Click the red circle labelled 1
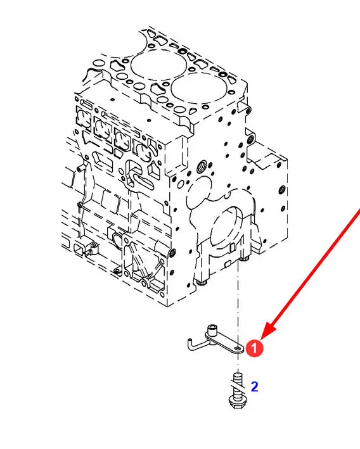tap(254, 348)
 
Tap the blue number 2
tap(254, 386)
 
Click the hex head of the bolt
tap(237, 403)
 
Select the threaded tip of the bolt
tap(238, 375)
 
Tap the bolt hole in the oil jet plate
tap(238, 348)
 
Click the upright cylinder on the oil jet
tap(213, 330)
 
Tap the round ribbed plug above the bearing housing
tap(202, 166)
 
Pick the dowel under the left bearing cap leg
tap(202, 282)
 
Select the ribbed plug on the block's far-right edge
tap(282, 189)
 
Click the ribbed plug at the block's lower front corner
tap(173, 252)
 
